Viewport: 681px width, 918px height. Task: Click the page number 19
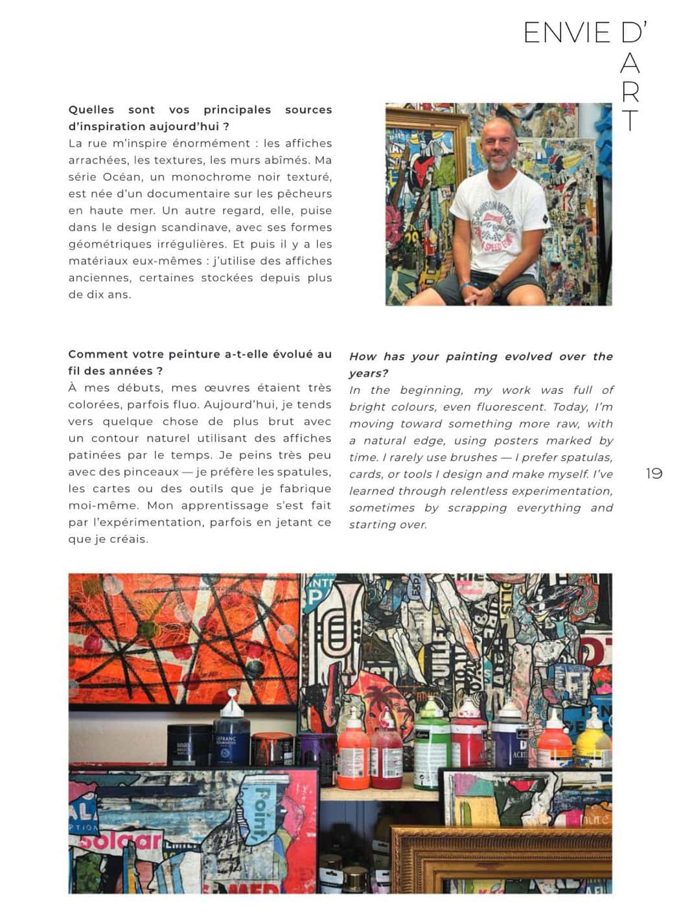click(x=654, y=474)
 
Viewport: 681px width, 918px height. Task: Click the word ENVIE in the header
click(x=566, y=33)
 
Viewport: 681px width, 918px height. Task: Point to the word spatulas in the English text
click(x=586, y=457)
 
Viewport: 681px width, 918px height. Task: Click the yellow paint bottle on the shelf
click(x=592, y=742)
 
